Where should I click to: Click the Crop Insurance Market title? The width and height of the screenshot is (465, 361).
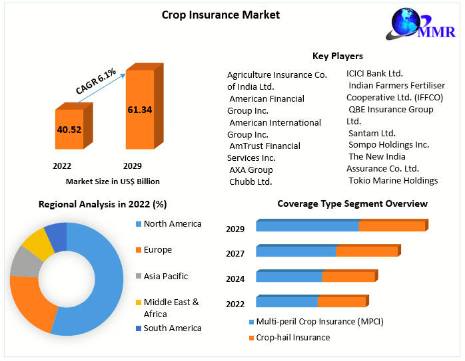(221, 15)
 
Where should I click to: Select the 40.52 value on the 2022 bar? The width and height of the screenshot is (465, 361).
(69, 130)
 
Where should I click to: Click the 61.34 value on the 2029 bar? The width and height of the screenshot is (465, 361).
(140, 109)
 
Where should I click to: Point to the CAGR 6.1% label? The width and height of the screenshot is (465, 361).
(96, 80)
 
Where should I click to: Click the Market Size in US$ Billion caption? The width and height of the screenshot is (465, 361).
(113, 181)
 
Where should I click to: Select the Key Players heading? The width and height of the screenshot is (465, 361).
(338, 56)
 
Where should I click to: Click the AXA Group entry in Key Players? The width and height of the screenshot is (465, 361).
(250, 170)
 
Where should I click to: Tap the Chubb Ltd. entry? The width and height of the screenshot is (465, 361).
(250, 181)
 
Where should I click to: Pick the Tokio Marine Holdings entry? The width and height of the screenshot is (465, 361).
(393, 180)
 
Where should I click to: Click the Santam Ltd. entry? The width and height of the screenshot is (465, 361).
(372, 133)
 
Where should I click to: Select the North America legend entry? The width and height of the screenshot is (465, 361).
(172, 224)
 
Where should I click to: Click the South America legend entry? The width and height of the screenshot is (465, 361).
(172, 328)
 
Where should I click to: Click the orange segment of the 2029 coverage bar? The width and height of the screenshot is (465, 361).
(392, 227)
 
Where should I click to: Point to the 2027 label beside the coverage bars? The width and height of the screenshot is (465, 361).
(235, 253)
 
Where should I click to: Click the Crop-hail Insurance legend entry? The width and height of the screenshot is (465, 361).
(294, 337)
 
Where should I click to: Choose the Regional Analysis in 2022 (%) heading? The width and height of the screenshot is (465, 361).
(103, 204)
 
